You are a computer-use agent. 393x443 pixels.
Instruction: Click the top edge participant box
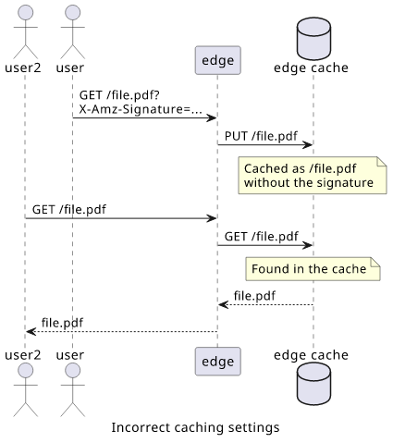(x=217, y=60)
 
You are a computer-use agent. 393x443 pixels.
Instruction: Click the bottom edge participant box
(x=217, y=362)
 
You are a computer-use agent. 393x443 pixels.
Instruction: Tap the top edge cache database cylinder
(x=313, y=39)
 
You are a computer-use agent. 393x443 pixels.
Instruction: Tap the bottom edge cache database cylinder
(x=313, y=384)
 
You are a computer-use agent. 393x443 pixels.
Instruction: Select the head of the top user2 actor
(x=26, y=12)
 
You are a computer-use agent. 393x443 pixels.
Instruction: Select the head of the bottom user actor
(x=73, y=370)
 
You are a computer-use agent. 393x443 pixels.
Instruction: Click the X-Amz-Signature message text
(x=141, y=109)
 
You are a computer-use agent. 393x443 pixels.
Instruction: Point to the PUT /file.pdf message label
(x=261, y=136)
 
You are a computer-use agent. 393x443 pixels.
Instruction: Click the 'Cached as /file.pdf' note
(x=313, y=175)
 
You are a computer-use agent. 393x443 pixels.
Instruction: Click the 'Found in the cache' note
(x=313, y=269)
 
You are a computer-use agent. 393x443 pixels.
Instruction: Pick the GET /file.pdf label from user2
(x=69, y=210)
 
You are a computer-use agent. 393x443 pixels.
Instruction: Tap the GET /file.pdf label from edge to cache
(x=261, y=237)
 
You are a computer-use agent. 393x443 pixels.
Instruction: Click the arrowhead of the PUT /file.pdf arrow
(x=308, y=144)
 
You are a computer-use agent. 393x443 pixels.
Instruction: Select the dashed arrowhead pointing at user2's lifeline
(x=31, y=332)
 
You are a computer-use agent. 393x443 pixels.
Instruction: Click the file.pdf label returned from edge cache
(x=254, y=296)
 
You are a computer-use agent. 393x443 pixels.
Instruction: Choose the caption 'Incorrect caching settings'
(x=195, y=427)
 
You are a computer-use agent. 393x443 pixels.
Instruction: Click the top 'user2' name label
(x=23, y=68)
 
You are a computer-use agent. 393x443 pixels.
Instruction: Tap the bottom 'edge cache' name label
(x=311, y=355)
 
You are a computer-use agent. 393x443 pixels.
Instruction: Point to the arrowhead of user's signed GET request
(x=212, y=117)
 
